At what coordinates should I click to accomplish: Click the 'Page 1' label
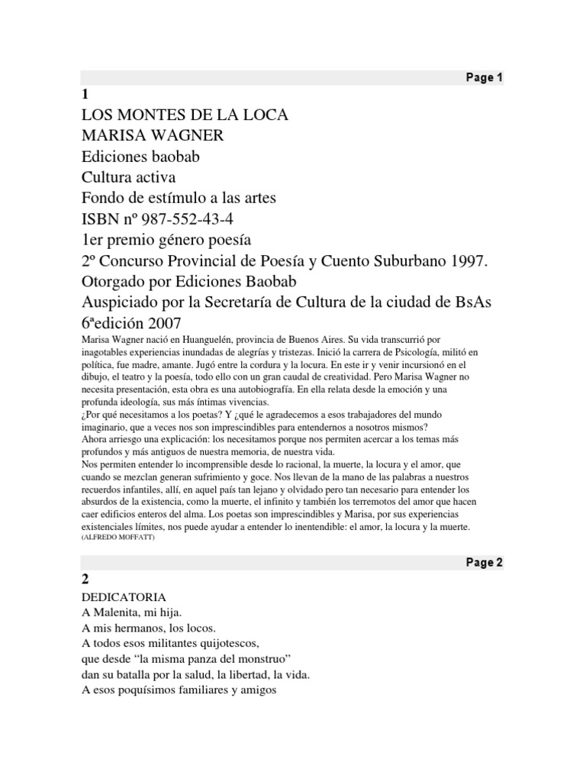pyautogui.click(x=484, y=78)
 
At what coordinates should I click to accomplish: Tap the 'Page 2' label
pyautogui.click(x=484, y=564)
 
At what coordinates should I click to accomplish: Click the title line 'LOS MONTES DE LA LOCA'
pyautogui.click(x=185, y=115)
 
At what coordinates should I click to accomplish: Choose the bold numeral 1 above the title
pyautogui.click(x=85, y=95)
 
